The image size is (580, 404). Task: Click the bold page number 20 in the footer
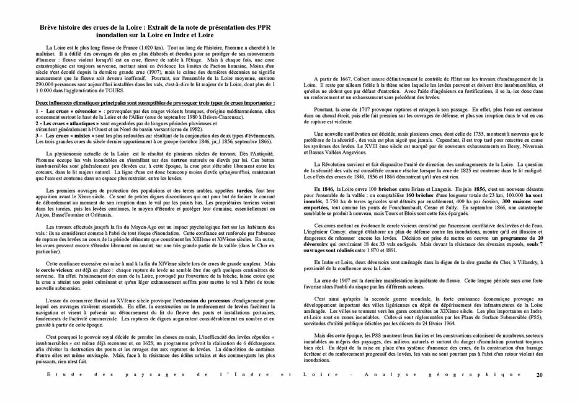540,375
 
